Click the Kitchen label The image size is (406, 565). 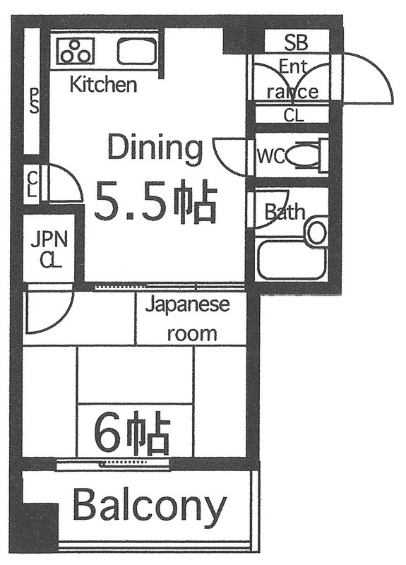point(102,85)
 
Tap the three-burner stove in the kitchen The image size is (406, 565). point(76,50)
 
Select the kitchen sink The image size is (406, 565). point(136,51)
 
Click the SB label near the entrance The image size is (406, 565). point(296,42)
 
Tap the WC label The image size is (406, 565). point(271,156)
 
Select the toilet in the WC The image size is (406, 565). point(306,155)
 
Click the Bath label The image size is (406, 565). point(285,211)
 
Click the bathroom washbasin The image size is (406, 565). point(317,232)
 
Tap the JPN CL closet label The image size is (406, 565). point(49,249)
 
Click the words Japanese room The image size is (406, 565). point(188,319)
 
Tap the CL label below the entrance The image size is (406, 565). point(294,115)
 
